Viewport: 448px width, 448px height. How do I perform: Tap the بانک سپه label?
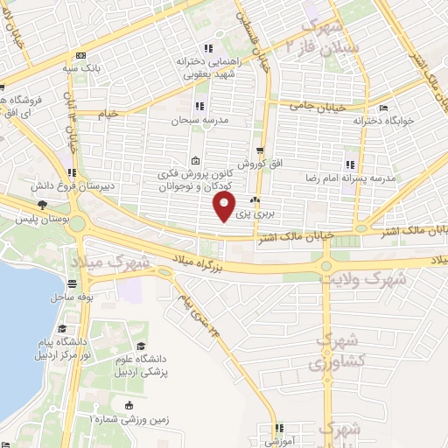coord(87,66)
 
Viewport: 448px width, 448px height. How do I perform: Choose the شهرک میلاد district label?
coord(109,262)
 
